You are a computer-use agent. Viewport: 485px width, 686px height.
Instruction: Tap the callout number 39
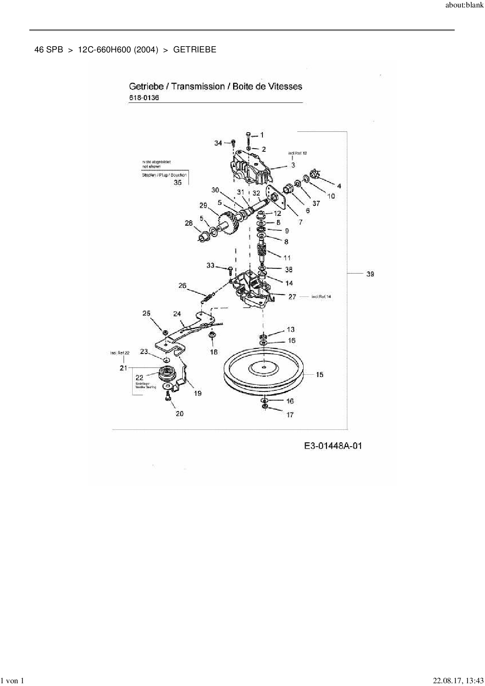pyautogui.click(x=370, y=274)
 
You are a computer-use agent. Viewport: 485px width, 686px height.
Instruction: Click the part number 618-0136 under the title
pyautogui.click(x=144, y=98)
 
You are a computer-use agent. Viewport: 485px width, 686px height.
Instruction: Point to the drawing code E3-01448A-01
pyautogui.click(x=333, y=446)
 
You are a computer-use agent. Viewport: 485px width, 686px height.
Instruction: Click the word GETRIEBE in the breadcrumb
pyautogui.click(x=194, y=50)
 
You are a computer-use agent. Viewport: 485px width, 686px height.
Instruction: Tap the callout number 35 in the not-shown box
pyautogui.click(x=178, y=182)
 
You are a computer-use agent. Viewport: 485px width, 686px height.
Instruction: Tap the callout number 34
pyautogui.click(x=218, y=143)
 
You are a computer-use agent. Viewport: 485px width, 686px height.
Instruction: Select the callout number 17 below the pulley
pyautogui.click(x=290, y=415)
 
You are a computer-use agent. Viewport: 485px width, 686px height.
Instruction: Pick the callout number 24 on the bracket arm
pyautogui.click(x=177, y=314)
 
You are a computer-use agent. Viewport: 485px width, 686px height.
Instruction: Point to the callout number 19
pyautogui.click(x=198, y=393)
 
